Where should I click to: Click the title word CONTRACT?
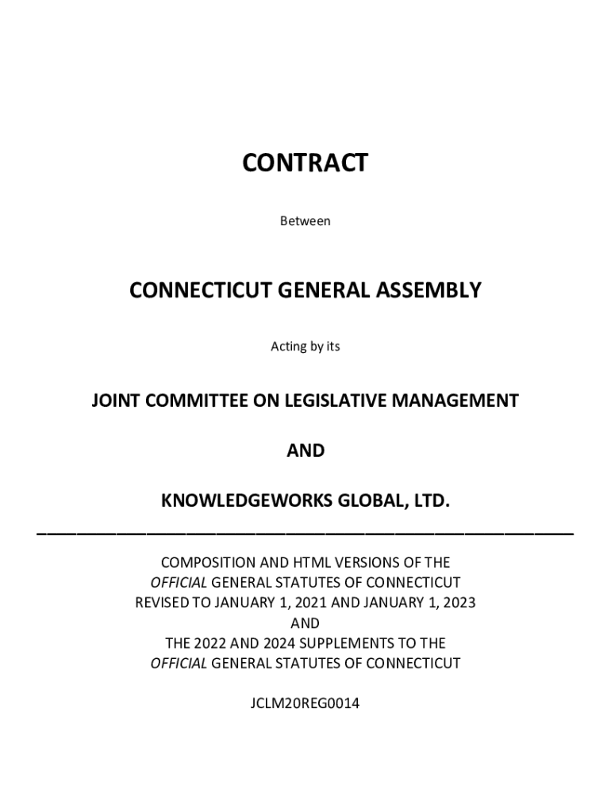[305, 163]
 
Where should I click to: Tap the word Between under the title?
[305, 221]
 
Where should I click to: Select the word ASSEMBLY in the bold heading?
[433, 290]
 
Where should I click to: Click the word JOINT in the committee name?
[114, 400]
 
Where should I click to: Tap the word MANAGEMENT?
[459, 400]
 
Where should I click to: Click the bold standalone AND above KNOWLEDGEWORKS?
[305, 450]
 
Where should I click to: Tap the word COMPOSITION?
[209, 563]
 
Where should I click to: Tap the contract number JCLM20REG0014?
[305, 703]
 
